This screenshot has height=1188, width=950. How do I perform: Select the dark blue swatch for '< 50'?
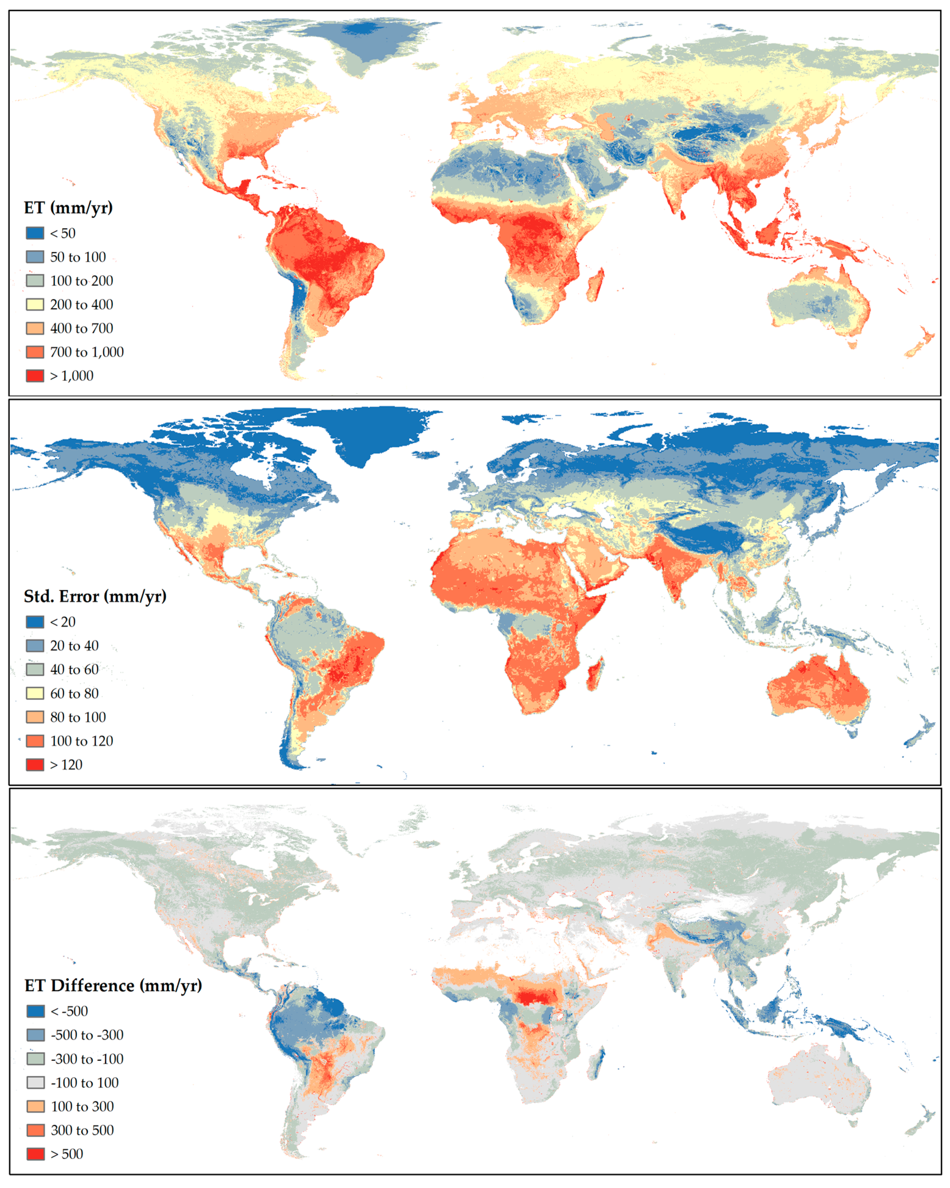coord(35,233)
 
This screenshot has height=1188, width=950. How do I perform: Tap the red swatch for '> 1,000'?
coord(35,376)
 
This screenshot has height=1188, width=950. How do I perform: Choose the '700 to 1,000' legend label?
coord(87,352)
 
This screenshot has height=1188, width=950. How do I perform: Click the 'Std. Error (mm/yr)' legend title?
coord(95,596)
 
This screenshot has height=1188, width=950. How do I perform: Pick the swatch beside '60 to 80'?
coord(35,693)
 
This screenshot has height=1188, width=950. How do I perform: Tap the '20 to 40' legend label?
coord(74,646)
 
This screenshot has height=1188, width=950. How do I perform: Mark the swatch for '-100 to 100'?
coord(35,1083)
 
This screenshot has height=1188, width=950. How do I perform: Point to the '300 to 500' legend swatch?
coord(35,1130)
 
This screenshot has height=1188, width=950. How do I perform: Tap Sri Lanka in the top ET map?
coord(683,214)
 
